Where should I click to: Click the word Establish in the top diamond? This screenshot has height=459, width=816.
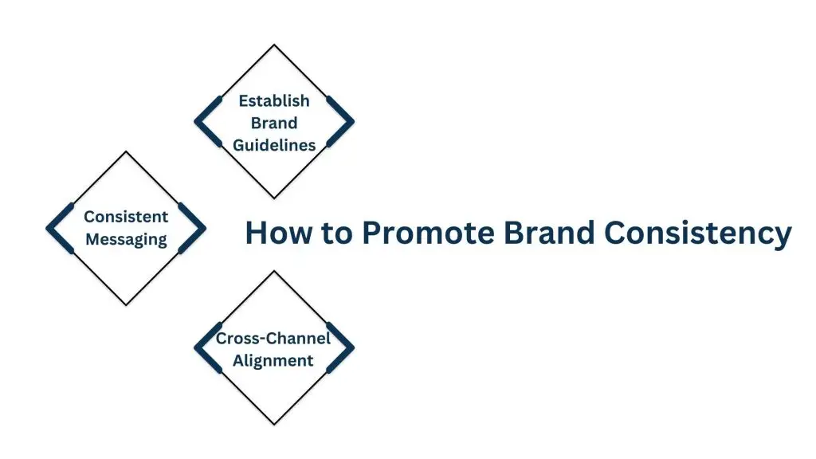(274, 101)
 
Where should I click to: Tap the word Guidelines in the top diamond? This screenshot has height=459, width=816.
(274, 145)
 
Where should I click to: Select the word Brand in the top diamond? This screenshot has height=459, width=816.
(274, 123)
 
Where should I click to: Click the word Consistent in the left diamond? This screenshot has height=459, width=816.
(126, 217)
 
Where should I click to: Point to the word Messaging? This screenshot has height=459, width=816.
(126, 239)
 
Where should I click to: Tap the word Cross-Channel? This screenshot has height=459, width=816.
(273, 338)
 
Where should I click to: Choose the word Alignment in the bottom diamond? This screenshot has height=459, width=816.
(273, 360)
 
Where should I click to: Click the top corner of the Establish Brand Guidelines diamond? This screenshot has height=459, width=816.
(274, 45)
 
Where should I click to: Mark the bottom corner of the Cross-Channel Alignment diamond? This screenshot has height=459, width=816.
(274, 424)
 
